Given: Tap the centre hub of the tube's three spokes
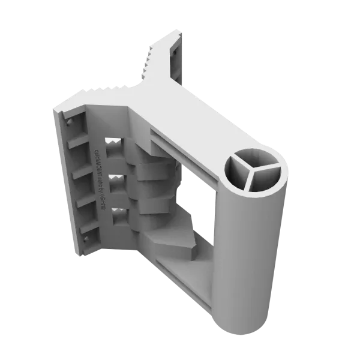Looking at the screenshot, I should [x=251, y=170].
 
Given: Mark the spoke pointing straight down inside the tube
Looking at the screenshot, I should [x=250, y=180].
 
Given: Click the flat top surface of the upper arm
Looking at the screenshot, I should [x=180, y=114].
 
